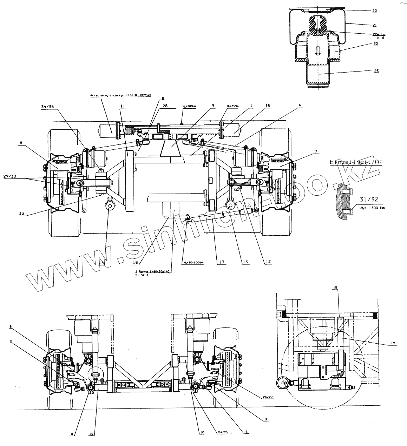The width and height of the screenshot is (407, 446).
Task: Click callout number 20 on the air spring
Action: (374, 11)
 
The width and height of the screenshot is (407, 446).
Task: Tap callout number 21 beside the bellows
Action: (374, 25)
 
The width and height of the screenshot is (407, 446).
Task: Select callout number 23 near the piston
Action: (376, 71)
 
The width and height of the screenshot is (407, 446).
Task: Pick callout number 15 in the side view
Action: (335, 288)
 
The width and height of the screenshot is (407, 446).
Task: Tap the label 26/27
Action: (267, 397)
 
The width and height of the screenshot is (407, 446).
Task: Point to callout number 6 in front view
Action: (11, 326)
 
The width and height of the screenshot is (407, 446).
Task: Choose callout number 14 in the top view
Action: (101, 262)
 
